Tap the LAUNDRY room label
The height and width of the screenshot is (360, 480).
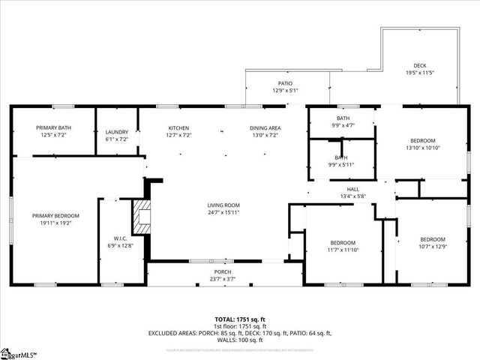117,132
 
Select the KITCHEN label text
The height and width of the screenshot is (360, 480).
178,128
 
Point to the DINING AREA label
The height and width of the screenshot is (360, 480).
265,128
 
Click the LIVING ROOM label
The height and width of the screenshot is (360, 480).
223,205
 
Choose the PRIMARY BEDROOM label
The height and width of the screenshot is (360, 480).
55,215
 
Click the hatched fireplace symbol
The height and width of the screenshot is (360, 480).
141,217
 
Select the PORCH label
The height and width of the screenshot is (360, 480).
223,271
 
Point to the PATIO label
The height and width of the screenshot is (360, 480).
285,83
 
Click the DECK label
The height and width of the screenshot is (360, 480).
421,65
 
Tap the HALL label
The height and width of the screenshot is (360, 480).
352,189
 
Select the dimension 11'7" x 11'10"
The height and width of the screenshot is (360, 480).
343,250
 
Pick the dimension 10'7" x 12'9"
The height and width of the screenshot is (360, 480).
432,247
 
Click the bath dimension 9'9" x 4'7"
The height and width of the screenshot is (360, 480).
343,126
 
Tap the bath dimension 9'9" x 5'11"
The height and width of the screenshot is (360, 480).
342,165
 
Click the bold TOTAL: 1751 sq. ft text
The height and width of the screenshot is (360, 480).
239,319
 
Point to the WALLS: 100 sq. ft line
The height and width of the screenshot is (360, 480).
240,340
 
